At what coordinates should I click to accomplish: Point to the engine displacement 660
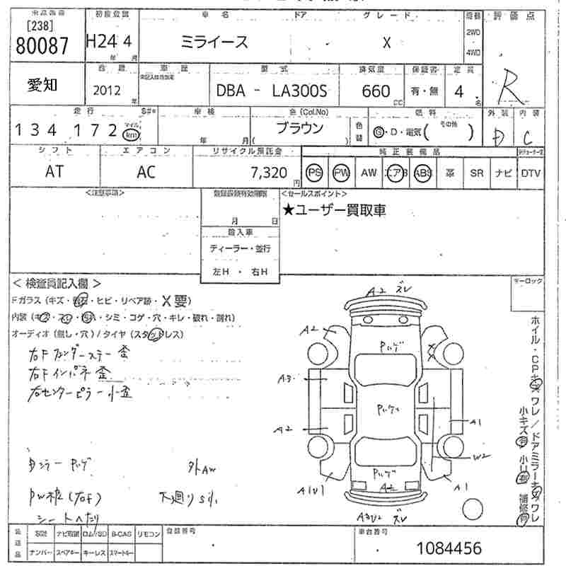pyautogui.click(x=376, y=91)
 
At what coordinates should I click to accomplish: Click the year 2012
pyautogui.click(x=106, y=91)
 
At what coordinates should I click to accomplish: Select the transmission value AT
pyautogui.click(x=53, y=172)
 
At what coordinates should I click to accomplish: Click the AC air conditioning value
pyautogui.click(x=146, y=172)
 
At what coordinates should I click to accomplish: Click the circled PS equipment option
pyautogui.click(x=314, y=173)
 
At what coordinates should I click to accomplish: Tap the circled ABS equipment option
pyautogui.click(x=422, y=173)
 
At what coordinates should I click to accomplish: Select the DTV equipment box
pyautogui.click(x=531, y=173)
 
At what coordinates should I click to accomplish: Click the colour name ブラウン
pyautogui.click(x=299, y=129)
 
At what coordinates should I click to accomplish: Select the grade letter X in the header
pyautogui.click(x=386, y=42)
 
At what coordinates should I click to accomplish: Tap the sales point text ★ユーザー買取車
pyautogui.click(x=334, y=210)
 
